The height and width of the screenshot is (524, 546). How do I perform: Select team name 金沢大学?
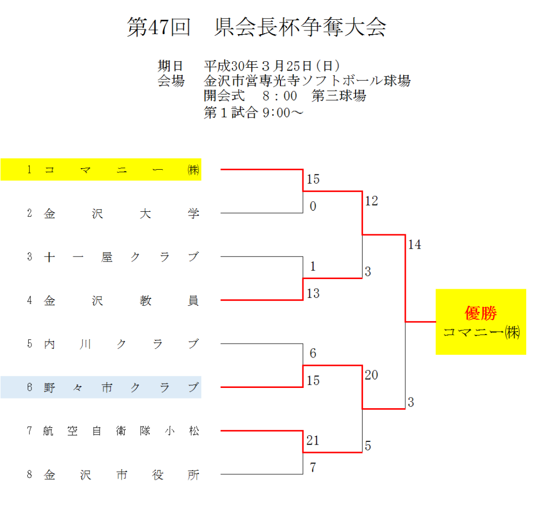click(122, 214)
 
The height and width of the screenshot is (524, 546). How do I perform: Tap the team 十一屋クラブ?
click(122, 257)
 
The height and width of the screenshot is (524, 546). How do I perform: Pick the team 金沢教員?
click(122, 301)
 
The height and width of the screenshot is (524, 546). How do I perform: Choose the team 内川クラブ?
click(122, 344)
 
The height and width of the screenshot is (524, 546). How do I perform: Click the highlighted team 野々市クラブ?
click(122, 387)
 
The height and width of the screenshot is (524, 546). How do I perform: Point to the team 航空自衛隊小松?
click(122, 431)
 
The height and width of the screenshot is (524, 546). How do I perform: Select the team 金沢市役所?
click(122, 474)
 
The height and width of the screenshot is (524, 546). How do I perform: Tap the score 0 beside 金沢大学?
click(313, 207)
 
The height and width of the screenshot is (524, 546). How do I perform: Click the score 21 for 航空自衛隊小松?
click(313, 441)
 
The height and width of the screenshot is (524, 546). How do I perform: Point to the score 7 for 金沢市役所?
click(313, 468)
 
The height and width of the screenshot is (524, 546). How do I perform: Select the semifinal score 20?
click(372, 375)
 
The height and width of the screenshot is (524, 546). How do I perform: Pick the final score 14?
click(414, 245)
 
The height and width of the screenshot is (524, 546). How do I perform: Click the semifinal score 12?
click(372, 201)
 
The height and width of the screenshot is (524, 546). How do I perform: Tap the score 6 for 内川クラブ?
click(313, 353)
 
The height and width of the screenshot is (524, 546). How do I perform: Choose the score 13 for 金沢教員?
click(313, 293)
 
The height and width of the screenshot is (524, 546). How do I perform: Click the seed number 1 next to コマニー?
click(30, 170)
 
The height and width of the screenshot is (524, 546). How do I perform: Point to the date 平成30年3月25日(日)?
click(271, 66)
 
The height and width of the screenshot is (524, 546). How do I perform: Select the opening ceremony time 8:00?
click(279, 97)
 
